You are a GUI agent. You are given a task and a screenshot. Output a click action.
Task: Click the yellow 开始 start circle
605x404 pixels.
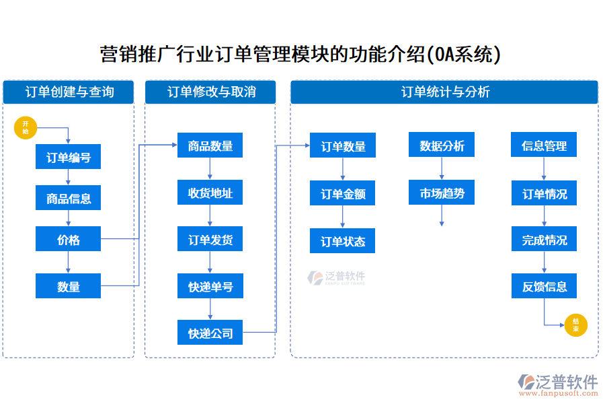[x=26, y=127]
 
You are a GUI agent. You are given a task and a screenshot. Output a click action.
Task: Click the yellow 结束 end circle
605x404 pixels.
[x=575, y=325]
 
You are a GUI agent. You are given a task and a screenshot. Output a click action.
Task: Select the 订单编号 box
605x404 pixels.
[x=69, y=158]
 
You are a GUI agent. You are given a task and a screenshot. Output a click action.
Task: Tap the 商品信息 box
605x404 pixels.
[x=69, y=199]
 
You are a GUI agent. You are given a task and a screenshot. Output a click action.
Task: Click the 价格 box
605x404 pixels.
[x=69, y=239]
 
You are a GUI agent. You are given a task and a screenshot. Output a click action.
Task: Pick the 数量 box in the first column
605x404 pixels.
[x=69, y=286]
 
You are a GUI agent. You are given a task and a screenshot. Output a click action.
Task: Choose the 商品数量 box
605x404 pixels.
[x=210, y=145]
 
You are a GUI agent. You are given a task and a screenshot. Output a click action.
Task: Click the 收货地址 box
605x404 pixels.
[x=210, y=193]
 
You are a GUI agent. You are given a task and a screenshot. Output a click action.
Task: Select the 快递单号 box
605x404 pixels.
[x=210, y=286]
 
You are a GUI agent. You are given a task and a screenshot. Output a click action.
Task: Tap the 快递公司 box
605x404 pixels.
[x=210, y=332]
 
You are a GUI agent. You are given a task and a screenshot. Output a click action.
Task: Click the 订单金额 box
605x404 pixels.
[x=343, y=194]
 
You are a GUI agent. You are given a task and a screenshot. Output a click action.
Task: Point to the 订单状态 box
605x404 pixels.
[x=343, y=241]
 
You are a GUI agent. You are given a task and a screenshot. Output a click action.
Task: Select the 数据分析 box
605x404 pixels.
[x=442, y=145]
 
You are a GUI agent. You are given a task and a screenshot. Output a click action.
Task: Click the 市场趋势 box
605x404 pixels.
[x=442, y=193]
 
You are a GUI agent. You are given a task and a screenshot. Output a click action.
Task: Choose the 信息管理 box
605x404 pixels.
[x=544, y=145]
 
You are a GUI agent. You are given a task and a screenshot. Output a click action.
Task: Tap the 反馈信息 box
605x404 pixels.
[x=544, y=286]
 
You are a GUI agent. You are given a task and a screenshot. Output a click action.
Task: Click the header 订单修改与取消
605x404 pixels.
[x=210, y=92]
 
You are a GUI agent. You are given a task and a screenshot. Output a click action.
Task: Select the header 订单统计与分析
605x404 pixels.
[x=444, y=92]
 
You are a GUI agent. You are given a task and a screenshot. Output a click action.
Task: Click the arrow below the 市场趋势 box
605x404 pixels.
[x=442, y=216]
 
